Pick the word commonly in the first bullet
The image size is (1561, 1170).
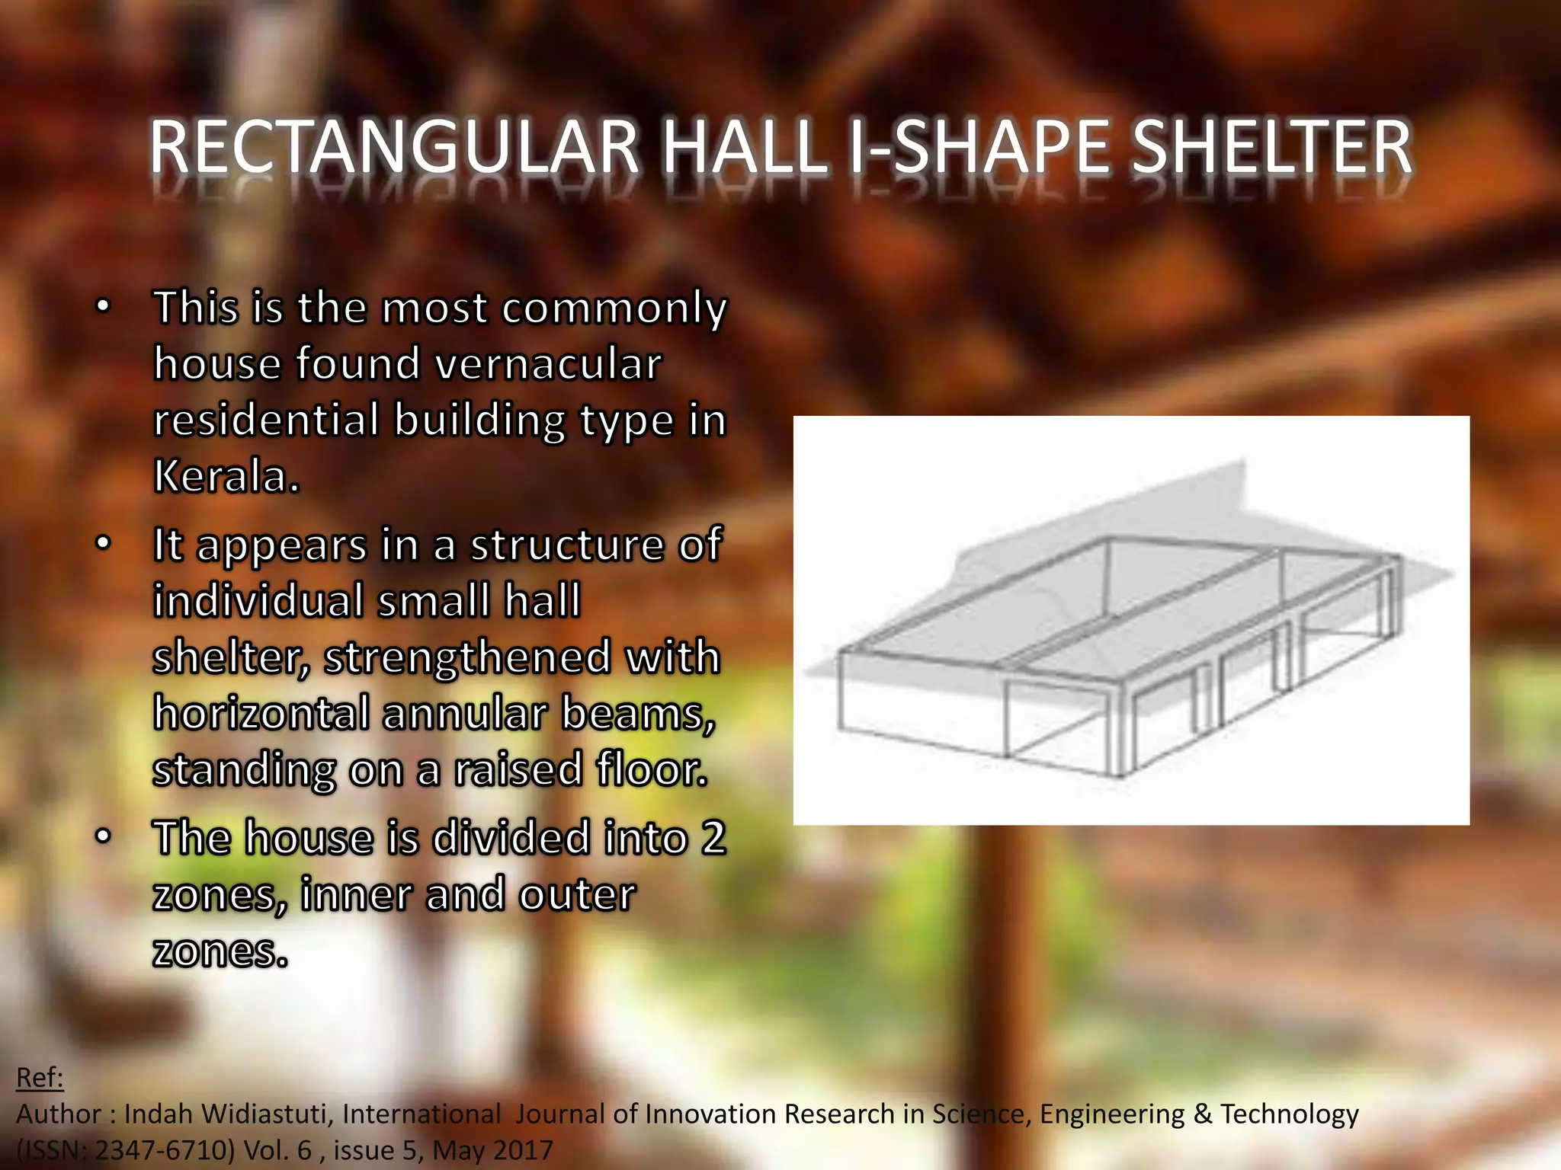pyautogui.click(x=614, y=308)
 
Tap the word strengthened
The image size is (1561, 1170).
pyautogui.click(x=468, y=657)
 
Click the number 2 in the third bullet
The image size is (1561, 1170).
pyautogui.click(x=713, y=838)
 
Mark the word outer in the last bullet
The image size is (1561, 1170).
pyautogui.click(x=577, y=894)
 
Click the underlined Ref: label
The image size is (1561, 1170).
pyautogui.click(x=40, y=1077)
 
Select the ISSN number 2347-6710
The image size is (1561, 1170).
pyautogui.click(x=164, y=1150)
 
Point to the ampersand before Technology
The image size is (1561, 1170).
pyautogui.click(x=1204, y=1114)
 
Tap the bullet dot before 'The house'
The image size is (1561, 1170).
pyautogui.click(x=103, y=837)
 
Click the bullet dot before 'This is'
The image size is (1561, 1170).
pyautogui.click(x=103, y=308)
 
